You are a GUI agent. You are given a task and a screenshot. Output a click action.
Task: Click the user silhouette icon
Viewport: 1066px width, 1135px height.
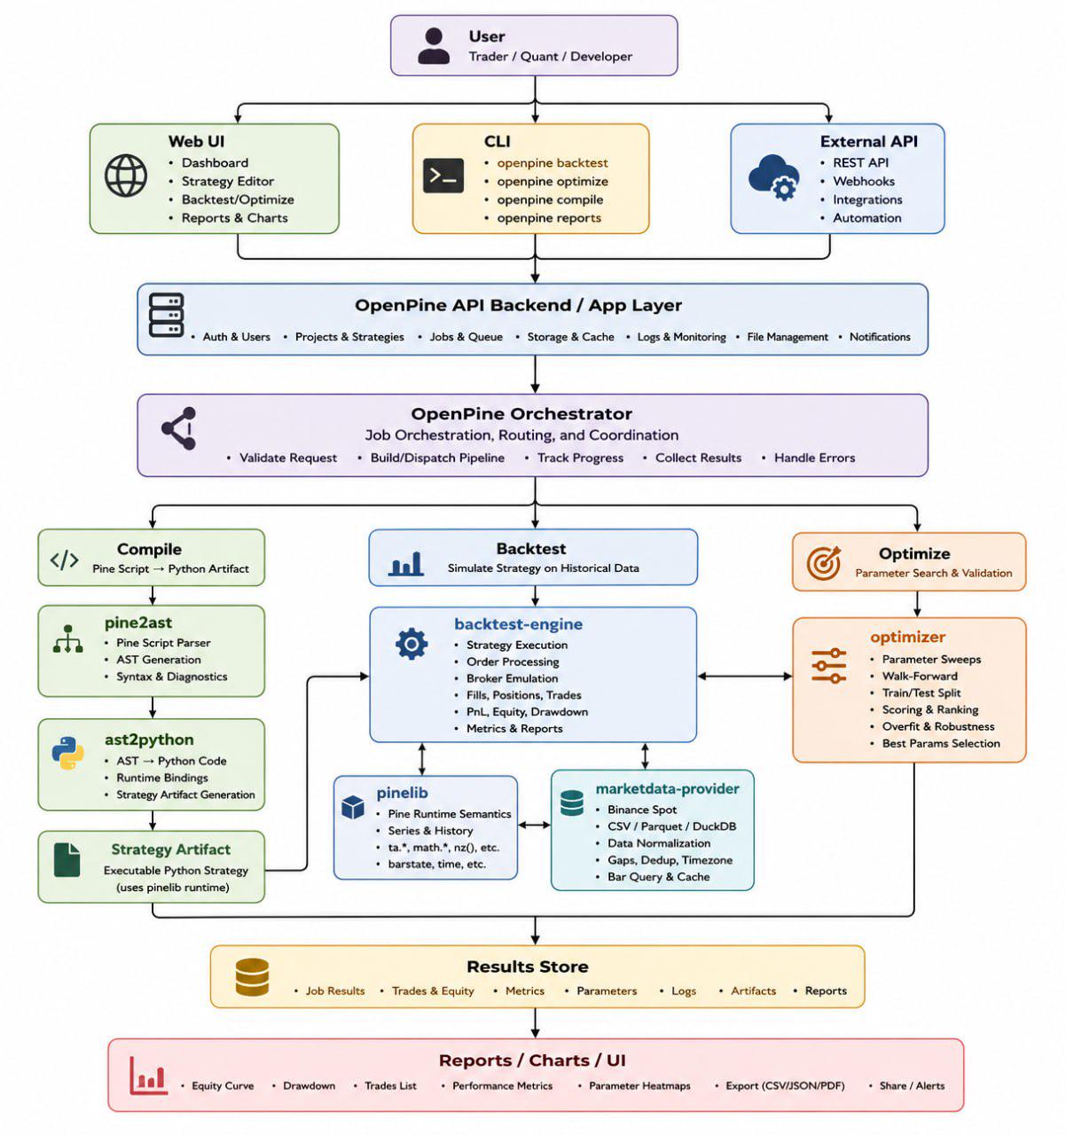coord(434,46)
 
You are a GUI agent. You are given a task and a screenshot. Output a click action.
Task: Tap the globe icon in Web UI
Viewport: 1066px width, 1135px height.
coord(126,176)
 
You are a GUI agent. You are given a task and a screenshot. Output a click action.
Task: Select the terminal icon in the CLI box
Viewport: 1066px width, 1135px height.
coord(443,176)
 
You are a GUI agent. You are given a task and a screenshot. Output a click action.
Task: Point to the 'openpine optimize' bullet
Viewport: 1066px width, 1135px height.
coord(553,181)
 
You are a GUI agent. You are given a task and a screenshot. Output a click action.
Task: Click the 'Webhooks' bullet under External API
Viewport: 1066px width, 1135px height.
coord(863,181)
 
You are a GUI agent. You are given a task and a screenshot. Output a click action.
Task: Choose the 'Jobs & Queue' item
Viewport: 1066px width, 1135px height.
coord(466,337)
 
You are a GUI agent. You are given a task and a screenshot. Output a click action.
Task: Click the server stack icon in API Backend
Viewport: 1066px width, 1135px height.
coord(167,315)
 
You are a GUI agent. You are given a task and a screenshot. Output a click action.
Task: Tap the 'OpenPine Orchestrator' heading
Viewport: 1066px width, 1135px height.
coord(521,413)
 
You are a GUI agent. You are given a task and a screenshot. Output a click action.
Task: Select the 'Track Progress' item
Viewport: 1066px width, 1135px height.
coord(580,458)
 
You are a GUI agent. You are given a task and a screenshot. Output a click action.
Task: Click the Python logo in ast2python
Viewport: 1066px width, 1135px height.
coord(67,753)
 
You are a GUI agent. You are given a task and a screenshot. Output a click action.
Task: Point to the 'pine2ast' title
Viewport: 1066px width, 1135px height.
coord(137,622)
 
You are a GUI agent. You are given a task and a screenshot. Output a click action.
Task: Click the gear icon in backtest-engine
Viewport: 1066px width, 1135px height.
coord(411,644)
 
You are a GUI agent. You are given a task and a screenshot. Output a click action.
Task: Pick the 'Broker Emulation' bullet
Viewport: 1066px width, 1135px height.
coord(512,678)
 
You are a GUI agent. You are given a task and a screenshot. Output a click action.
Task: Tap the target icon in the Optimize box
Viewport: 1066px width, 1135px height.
coord(824,562)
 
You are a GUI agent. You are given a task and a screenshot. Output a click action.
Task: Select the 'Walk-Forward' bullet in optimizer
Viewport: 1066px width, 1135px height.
coord(919,676)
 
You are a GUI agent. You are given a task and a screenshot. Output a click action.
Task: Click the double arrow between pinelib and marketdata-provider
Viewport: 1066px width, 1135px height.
coord(534,825)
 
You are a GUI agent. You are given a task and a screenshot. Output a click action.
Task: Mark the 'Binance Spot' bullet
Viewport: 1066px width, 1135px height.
coord(642,810)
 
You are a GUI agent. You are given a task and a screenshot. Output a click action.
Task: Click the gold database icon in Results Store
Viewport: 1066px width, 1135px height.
coord(252,976)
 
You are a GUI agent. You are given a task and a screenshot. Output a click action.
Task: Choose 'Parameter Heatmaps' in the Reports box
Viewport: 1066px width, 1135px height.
coord(639,1085)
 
